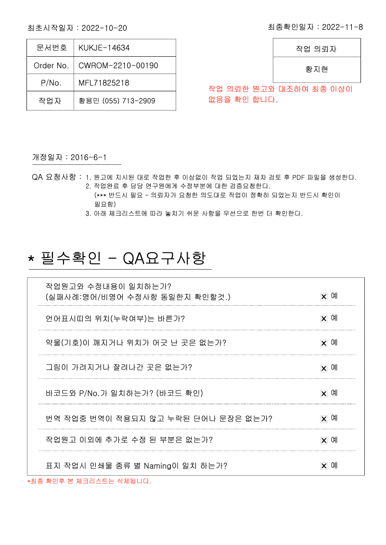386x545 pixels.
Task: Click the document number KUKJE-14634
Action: click(x=104, y=48)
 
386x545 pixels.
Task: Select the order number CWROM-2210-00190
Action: click(x=118, y=65)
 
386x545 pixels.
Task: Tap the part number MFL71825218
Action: click(x=103, y=83)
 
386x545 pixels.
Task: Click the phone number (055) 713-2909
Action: click(x=129, y=101)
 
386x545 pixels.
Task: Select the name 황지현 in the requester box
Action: click(x=317, y=70)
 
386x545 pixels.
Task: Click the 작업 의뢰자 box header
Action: click(x=316, y=49)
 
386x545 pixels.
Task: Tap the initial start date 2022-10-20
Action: click(x=104, y=28)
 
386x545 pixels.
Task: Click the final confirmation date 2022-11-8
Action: click(x=342, y=27)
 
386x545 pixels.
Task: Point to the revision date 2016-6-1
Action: click(x=89, y=158)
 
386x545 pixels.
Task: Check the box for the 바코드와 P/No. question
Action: click(x=324, y=394)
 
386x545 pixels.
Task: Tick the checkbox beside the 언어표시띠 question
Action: click(x=324, y=319)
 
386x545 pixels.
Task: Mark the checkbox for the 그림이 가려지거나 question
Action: click(x=324, y=369)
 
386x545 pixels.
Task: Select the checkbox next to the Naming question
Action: click(x=324, y=466)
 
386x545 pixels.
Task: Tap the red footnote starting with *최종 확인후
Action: click(x=89, y=481)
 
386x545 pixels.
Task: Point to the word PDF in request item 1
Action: click(x=299, y=177)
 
